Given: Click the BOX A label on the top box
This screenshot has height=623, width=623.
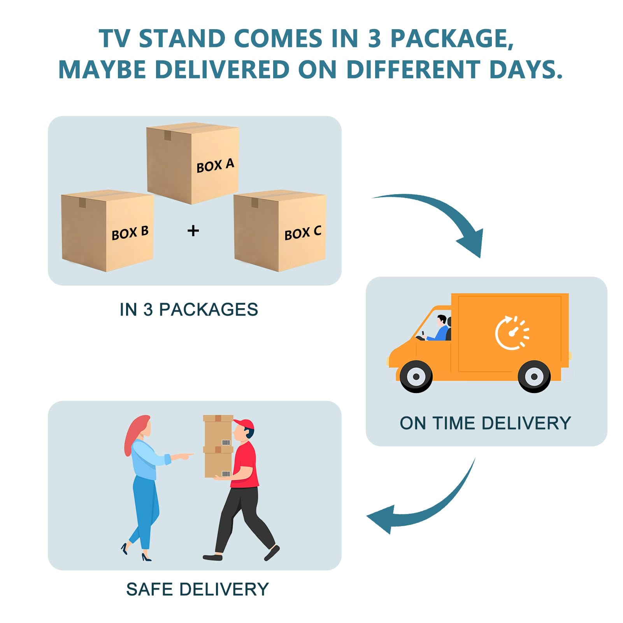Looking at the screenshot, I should point(215,165).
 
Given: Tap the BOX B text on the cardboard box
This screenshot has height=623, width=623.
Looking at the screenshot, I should point(130,233).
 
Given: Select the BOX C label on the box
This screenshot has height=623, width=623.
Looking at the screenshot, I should point(303,233).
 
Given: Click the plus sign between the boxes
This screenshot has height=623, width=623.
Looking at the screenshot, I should point(193,231).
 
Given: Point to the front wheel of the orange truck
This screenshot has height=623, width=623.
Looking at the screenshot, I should point(416,376).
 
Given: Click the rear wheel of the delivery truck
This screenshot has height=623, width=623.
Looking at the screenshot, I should point(534,376).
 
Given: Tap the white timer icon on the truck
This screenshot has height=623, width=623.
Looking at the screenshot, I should point(512,333).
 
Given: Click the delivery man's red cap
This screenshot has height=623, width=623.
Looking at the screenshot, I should point(244,424).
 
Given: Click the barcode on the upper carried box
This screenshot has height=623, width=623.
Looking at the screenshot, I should point(226,442).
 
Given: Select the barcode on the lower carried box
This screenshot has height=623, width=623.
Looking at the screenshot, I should point(226,474).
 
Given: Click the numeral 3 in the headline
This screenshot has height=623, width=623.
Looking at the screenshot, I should point(374,39).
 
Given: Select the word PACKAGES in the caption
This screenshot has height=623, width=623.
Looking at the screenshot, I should point(209,310).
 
